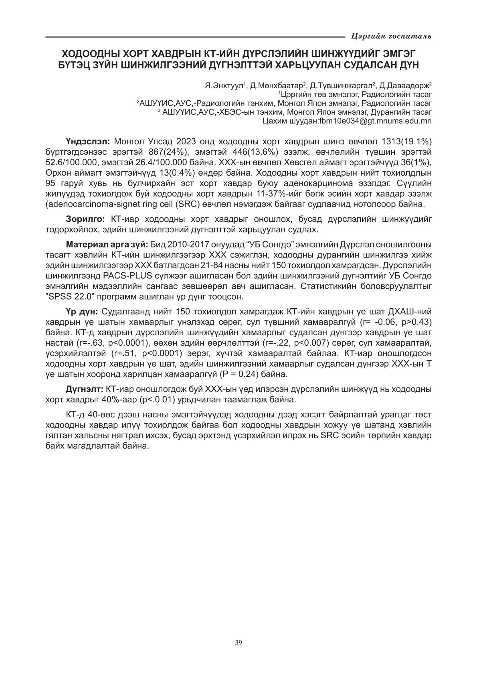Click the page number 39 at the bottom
238,643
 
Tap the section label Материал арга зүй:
107,244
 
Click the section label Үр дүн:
83,312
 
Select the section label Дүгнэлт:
85,389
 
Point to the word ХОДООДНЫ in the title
87,53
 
